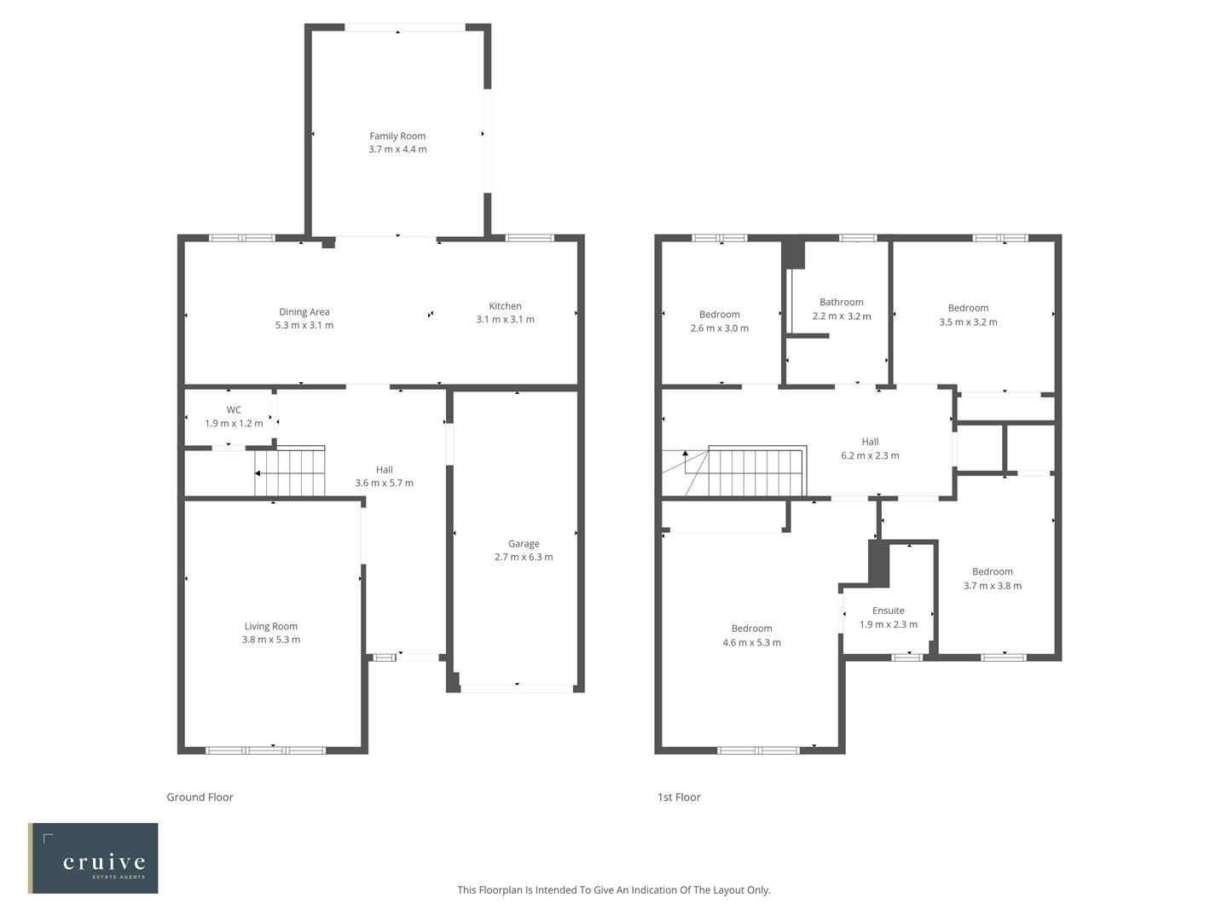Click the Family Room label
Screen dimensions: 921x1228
397,136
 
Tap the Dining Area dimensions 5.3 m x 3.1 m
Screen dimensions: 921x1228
304,325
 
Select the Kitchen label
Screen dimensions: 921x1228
505,306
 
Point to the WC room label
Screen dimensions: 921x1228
234,410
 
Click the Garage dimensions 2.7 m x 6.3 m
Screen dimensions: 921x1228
524,557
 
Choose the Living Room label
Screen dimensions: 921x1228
271,626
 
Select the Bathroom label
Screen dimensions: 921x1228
841,302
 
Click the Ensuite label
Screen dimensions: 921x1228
888,611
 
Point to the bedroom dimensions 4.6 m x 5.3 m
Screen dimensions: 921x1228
751,642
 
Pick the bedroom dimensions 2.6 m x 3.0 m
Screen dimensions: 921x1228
719,328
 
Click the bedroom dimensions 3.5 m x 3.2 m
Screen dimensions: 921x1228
968,322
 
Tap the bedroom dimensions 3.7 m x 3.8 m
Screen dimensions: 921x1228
993,586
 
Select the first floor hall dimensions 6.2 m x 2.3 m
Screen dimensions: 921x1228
870,455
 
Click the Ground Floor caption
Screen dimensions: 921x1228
200,797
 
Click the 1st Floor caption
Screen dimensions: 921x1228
679,797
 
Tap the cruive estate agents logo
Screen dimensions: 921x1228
93,858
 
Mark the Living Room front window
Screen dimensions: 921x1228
265,750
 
